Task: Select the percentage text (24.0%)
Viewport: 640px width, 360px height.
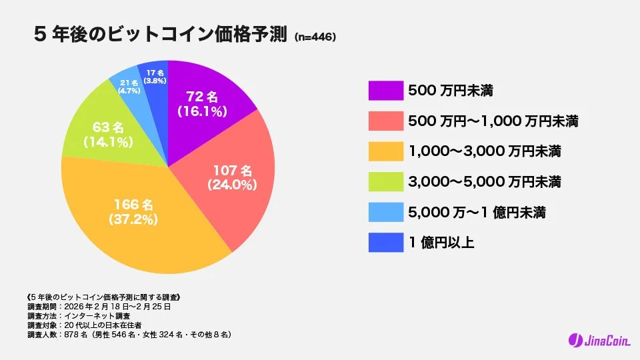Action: [x=231, y=185]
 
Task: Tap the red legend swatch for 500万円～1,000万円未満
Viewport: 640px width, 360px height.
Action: [x=385, y=121]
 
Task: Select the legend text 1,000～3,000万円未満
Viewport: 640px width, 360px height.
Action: [x=483, y=152]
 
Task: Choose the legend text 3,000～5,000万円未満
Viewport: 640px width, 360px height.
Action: [x=483, y=182]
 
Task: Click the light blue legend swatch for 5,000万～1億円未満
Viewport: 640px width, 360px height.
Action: [x=385, y=213]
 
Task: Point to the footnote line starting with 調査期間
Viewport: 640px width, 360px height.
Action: [x=99, y=306]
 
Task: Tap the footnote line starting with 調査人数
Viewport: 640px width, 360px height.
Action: [x=129, y=334]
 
